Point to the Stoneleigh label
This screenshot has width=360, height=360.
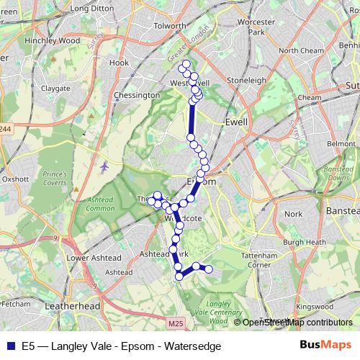(x=247, y=81)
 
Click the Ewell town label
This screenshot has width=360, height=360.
(x=236, y=122)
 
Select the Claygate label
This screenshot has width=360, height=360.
(x=55, y=88)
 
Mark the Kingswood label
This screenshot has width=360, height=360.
(x=315, y=307)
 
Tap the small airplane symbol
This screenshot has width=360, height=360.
(x=106, y=166)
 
